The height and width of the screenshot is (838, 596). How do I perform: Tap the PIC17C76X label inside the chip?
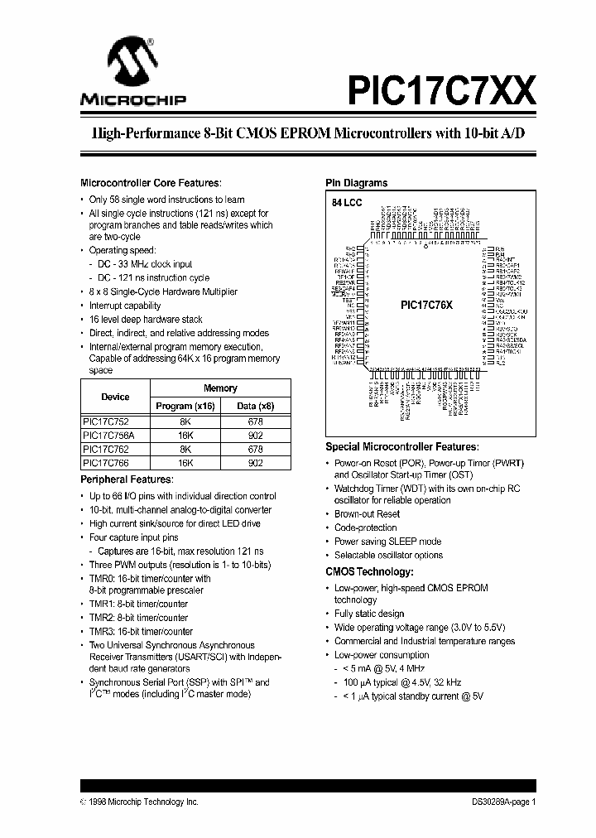point(426,305)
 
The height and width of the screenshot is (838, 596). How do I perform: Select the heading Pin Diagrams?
point(356,183)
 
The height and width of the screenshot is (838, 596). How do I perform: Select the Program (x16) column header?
point(185,406)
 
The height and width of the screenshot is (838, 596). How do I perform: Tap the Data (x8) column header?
point(256,406)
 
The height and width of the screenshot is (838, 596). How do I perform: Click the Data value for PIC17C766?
point(256,462)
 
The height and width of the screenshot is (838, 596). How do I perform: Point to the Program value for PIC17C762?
point(185,448)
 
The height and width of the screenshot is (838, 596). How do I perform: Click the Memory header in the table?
point(220,388)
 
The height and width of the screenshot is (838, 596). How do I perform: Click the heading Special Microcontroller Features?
point(401,445)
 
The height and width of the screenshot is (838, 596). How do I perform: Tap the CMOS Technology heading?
point(368,571)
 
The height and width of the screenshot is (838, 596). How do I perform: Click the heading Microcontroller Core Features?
point(150,183)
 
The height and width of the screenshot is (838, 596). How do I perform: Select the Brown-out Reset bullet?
point(367,514)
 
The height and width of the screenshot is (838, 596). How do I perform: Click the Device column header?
point(116,397)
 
